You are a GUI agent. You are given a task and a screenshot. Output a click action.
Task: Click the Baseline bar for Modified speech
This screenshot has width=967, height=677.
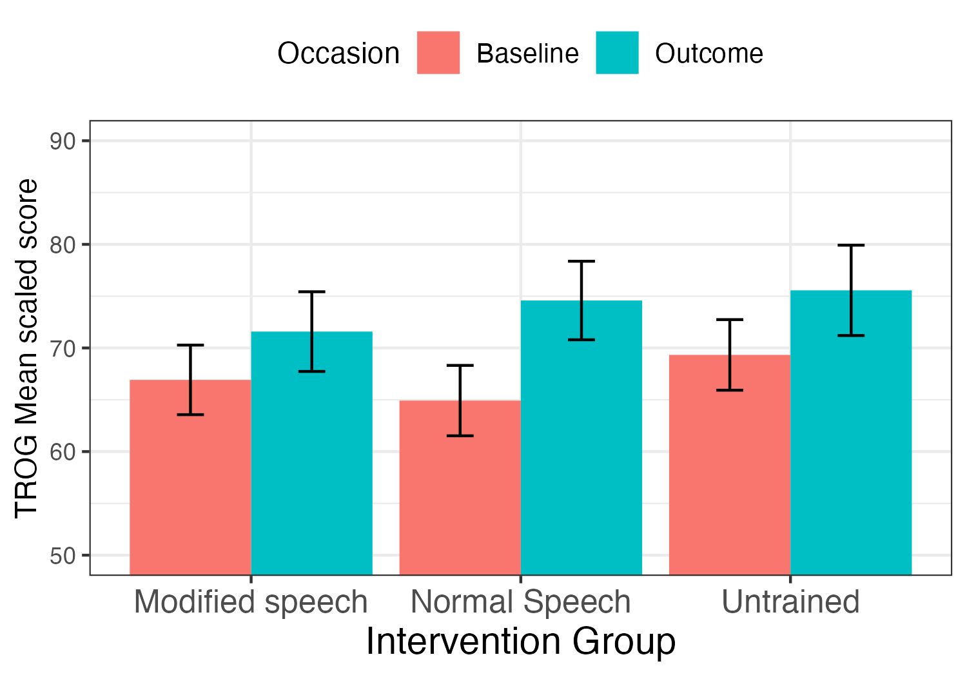click(190, 490)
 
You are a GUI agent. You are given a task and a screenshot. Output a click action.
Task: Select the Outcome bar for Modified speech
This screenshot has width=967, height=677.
click(311, 464)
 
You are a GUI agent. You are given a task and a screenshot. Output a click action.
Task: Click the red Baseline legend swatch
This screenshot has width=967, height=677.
click(438, 53)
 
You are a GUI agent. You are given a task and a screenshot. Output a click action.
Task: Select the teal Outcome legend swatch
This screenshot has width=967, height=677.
click(617, 53)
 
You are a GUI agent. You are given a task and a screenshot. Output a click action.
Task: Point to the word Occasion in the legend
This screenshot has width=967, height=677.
click(338, 54)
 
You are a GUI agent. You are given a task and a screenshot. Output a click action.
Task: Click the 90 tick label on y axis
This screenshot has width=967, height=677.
click(63, 141)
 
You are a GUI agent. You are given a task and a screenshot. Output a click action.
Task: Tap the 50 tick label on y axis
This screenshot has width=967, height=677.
click(63, 556)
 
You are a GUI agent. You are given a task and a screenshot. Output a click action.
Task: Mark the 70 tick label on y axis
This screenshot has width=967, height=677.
click(63, 348)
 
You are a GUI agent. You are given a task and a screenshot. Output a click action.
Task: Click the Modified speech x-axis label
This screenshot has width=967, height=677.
click(251, 602)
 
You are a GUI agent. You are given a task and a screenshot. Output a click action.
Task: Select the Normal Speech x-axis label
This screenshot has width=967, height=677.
click(520, 602)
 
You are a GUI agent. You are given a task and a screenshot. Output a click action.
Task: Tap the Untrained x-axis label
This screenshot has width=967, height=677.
click(790, 602)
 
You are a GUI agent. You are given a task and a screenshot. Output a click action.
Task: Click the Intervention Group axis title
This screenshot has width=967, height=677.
click(520, 642)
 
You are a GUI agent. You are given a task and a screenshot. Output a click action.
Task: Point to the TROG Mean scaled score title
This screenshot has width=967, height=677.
click(26, 348)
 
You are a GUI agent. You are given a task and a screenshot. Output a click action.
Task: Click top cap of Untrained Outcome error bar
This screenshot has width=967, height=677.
click(850, 246)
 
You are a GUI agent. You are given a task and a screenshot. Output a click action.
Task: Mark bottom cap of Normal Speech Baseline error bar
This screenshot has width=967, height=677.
click(460, 436)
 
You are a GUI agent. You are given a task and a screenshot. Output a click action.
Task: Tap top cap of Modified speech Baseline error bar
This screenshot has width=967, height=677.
click(190, 346)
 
